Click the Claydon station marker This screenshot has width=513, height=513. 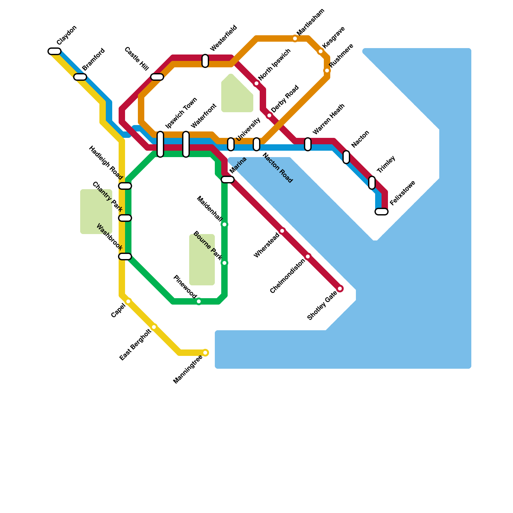pyautogui.click(x=55, y=51)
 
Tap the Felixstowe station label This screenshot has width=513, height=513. pyautogui.click(x=403, y=193)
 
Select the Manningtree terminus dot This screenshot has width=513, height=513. pyautogui.click(x=205, y=353)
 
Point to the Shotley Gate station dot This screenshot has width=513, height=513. pyautogui.click(x=340, y=289)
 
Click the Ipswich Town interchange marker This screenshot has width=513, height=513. pyautogui.click(x=160, y=144)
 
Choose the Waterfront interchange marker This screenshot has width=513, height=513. pyautogui.click(x=186, y=144)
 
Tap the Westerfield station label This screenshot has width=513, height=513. pyautogui.click(x=223, y=38)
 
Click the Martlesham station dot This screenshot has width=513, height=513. pyautogui.click(x=295, y=39)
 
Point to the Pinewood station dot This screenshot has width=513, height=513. pyautogui.click(x=199, y=301)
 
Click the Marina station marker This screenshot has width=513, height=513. pyautogui.click(x=228, y=180)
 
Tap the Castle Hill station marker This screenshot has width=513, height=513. pyautogui.click(x=157, y=77)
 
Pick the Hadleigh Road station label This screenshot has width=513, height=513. pyautogui.click(x=106, y=163)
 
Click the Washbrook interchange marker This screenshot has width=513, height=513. pyautogui.click(x=125, y=256)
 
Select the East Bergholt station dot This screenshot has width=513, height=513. pyautogui.click(x=154, y=327)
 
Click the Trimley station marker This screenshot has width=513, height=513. pyautogui.click(x=372, y=183)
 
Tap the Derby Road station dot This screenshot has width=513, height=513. pyautogui.click(x=269, y=115)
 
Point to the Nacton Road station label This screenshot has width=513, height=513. pyautogui.click(x=278, y=168)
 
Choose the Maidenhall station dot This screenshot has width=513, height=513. pyautogui.click(x=224, y=224)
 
